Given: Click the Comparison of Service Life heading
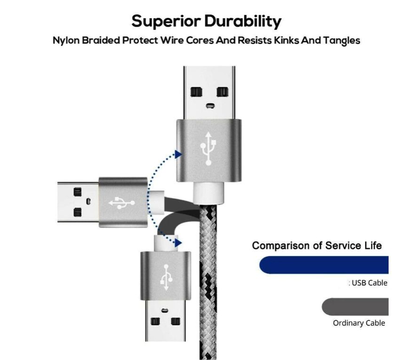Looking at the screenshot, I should pos(317,246).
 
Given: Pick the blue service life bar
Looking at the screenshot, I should pos(325,265).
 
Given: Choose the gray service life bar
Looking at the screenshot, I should pos(356,307).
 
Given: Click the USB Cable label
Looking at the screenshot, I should pos(369,283).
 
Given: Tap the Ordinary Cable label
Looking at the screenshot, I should pos(359,323).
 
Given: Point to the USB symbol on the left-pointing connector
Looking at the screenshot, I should pos(121,202).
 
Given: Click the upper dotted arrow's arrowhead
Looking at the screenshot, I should pos(178,153).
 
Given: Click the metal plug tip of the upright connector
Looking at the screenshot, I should pos(209,92).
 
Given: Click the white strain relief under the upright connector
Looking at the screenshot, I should pos(209,191).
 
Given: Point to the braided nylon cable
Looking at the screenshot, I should pos(209,282).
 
